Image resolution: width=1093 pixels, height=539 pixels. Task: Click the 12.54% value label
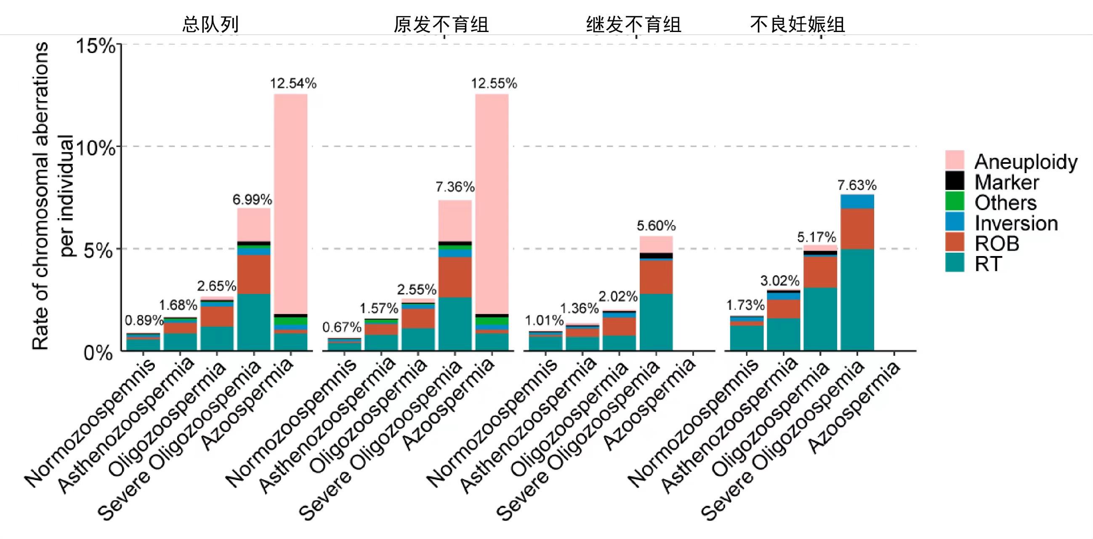coord(293,83)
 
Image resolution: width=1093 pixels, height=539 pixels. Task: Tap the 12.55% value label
coord(494,83)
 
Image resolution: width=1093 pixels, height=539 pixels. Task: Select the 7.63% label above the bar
coord(856,185)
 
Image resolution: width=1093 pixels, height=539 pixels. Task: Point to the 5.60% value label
coord(656,226)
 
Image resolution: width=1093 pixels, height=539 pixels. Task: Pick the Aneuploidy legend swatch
coord(955,160)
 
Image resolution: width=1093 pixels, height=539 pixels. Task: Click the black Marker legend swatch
coord(955,181)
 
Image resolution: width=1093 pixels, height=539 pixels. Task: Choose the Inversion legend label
coord(1016,223)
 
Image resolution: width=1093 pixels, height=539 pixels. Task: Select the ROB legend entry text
coord(997,244)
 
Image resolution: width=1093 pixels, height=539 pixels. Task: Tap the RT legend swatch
coord(955,263)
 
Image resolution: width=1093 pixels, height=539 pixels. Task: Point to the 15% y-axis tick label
coord(96,45)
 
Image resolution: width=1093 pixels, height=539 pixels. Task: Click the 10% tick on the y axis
coord(96,148)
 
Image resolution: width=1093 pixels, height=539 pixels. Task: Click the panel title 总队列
coord(210,24)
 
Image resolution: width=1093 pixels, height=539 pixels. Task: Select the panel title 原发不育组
coord(441,24)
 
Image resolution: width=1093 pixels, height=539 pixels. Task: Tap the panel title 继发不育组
coord(633,24)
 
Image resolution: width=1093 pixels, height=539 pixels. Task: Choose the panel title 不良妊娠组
coord(797,24)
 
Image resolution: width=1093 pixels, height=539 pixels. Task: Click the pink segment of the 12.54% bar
coord(291,204)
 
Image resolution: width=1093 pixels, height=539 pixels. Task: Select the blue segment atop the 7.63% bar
coord(857,202)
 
